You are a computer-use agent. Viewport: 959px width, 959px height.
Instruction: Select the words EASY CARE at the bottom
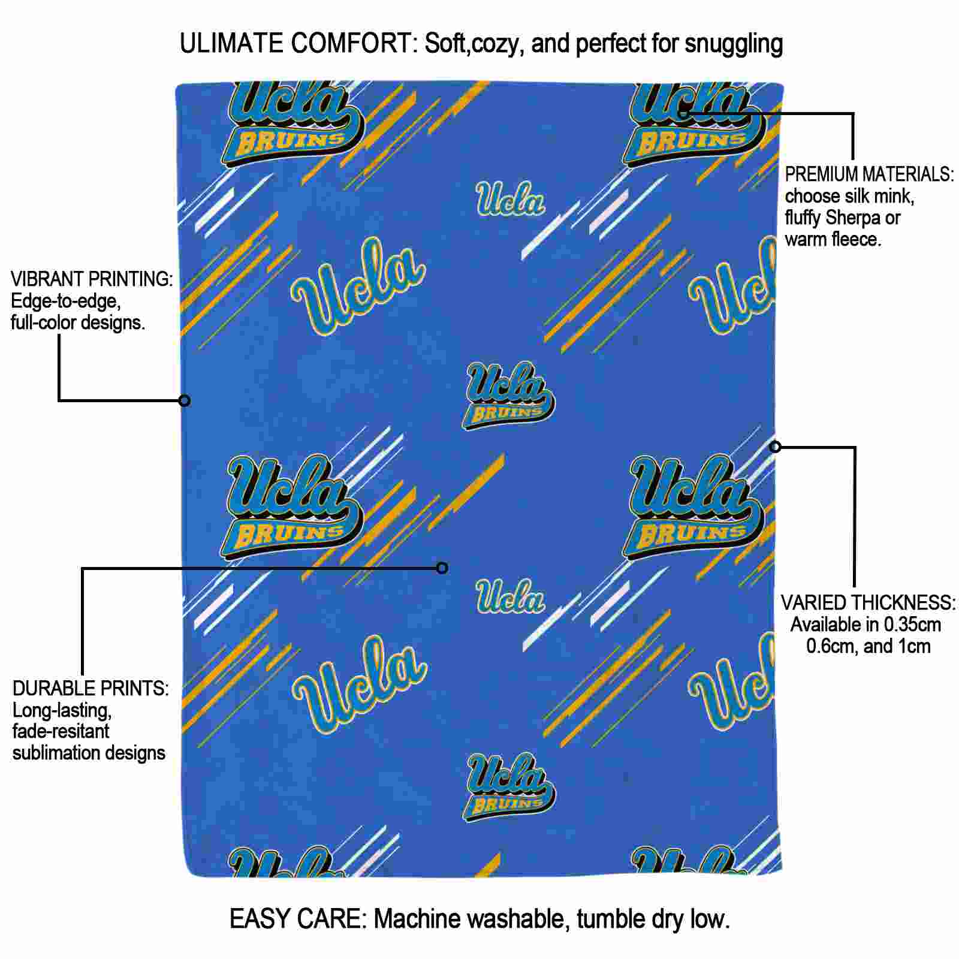pos(297,918)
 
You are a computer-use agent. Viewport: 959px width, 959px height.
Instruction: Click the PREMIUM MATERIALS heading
pos(869,174)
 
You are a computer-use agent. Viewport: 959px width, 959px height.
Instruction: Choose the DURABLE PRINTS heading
pos(91,689)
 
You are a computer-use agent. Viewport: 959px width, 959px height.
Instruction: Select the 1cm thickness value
pos(913,646)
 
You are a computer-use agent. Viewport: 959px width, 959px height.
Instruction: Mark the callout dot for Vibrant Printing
pos(185,400)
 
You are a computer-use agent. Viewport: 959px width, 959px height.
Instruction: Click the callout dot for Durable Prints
pos(442,568)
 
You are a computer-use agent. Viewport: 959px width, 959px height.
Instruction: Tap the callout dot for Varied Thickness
pos(776,447)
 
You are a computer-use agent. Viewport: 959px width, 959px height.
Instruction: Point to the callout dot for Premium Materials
pos(683,113)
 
